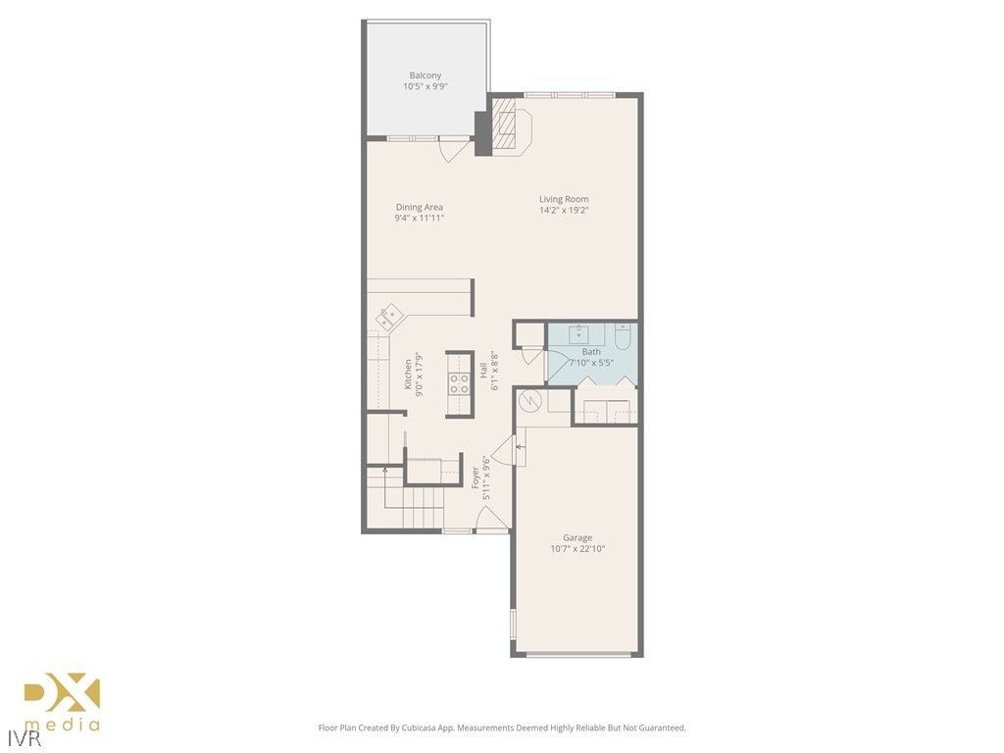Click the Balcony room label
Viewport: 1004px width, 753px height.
click(x=425, y=75)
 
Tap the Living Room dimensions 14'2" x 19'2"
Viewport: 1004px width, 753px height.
click(x=564, y=210)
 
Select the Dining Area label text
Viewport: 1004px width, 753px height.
click(x=420, y=207)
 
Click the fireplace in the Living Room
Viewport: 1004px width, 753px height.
click(x=510, y=125)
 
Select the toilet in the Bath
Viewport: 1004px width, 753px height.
click(x=622, y=338)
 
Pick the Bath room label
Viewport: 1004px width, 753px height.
click(x=591, y=351)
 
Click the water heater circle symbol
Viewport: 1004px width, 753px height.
click(x=529, y=400)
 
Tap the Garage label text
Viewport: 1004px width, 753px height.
click(x=577, y=537)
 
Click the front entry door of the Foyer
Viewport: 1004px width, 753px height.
click(x=492, y=521)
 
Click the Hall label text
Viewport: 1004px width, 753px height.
click(x=483, y=371)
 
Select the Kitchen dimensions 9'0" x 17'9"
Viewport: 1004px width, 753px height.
click(x=419, y=373)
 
